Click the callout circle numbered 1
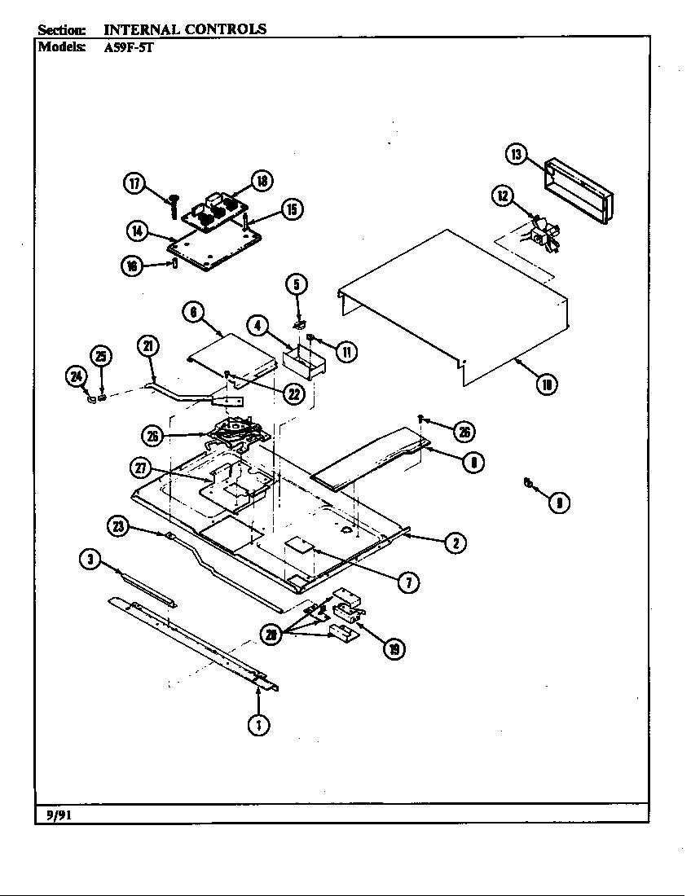pos(259,724)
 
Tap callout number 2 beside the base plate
pos(455,543)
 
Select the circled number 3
pos(90,559)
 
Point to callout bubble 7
pos(408,581)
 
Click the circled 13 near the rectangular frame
pos(516,155)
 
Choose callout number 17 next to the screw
pos(134,183)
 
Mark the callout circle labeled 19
pos(394,649)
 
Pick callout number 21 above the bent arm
pos(147,346)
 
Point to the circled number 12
pos(503,195)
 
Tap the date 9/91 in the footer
pos(52,813)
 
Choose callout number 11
pos(346,351)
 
